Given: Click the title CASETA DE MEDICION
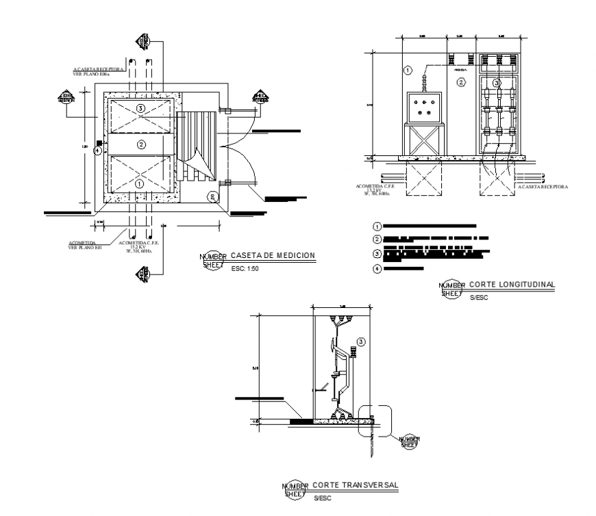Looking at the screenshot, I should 273,255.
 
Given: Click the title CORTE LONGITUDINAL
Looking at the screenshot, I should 511,284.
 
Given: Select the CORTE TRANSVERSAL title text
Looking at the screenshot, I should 356,485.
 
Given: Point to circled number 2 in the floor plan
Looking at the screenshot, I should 141,144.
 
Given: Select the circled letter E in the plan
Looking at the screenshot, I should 213,197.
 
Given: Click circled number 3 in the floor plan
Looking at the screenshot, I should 140,108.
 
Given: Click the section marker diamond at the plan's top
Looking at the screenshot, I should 143,41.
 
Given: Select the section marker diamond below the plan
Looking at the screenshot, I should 143,275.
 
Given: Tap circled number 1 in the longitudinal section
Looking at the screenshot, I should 407,70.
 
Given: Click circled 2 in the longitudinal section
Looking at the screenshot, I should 461,83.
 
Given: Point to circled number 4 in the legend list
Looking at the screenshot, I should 376,269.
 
